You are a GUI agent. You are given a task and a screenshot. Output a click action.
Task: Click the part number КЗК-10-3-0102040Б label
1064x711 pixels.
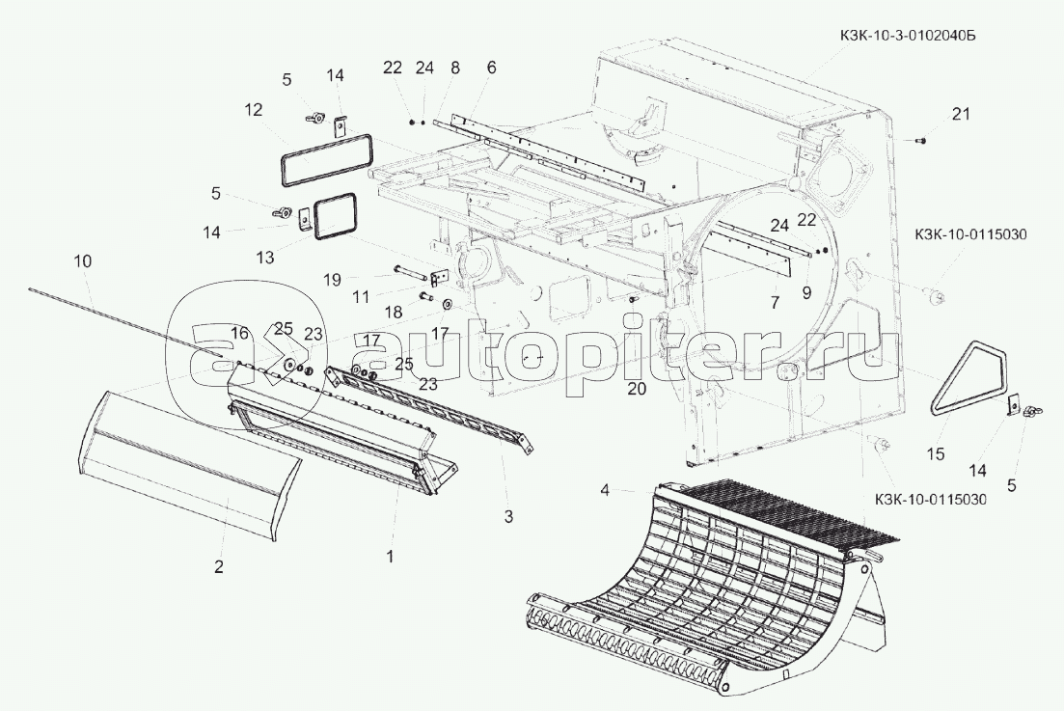pyautogui.click(x=907, y=36)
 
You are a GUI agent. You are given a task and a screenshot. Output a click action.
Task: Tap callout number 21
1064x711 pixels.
pyautogui.click(x=961, y=114)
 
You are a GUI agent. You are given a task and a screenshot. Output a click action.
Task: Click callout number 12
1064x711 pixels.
pyautogui.click(x=253, y=109)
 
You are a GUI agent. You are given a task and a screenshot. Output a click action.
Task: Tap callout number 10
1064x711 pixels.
pyautogui.click(x=83, y=261)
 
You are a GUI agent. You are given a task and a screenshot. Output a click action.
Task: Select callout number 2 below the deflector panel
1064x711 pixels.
pyautogui.click(x=218, y=566)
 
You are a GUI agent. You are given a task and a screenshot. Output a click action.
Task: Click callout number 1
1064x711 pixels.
pyautogui.click(x=390, y=557)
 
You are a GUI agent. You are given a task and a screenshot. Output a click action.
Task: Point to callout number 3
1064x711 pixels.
pyautogui.click(x=508, y=517)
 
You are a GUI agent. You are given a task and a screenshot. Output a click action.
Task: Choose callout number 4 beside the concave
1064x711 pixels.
pyautogui.click(x=606, y=489)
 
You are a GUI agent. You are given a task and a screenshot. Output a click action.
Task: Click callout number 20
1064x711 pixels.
pyautogui.click(x=637, y=388)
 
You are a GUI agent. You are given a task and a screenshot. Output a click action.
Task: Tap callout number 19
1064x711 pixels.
pyautogui.click(x=332, y=279)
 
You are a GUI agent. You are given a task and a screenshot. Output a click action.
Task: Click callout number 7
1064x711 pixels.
pyautogui.click(x=775, y=302)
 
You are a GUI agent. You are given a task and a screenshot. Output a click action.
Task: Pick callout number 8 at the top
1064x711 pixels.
pyautogui.click(x=454, y=68)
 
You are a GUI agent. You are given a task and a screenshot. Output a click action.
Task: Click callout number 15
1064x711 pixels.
pyautogui.click(x=935, y=453)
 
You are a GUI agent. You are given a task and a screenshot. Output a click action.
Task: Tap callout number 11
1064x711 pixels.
pyautogui.click(x=361, y=296)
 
